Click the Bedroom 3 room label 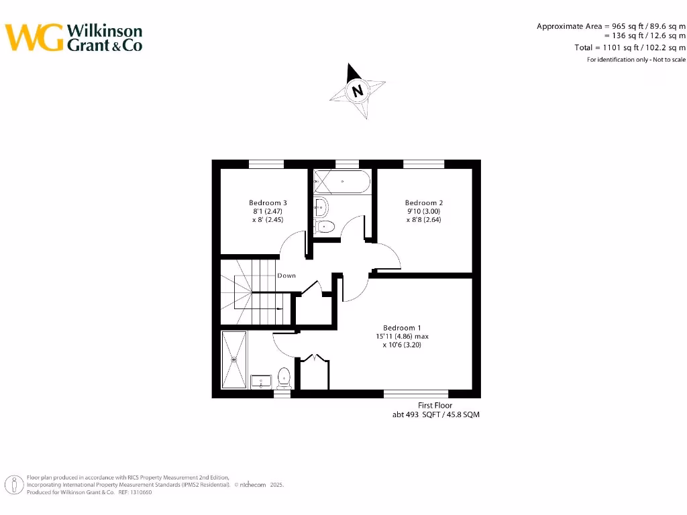(x=268, y=203)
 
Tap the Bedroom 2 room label (x=423, y=203)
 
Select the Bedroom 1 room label (x=402, y=327)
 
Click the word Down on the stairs (x=286, y=276)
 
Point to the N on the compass (x=358, y=91)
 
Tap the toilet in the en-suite (x=283, y=378)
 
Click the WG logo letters (x=34, y=38)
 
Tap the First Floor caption (x=435, y=406)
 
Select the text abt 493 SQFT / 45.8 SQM (x=435, y=415)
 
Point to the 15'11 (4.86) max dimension (x=402, y=336)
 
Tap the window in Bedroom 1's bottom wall (x=415, y=394)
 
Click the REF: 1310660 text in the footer (x=135, y=492)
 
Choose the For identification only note (x=636, y=60)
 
